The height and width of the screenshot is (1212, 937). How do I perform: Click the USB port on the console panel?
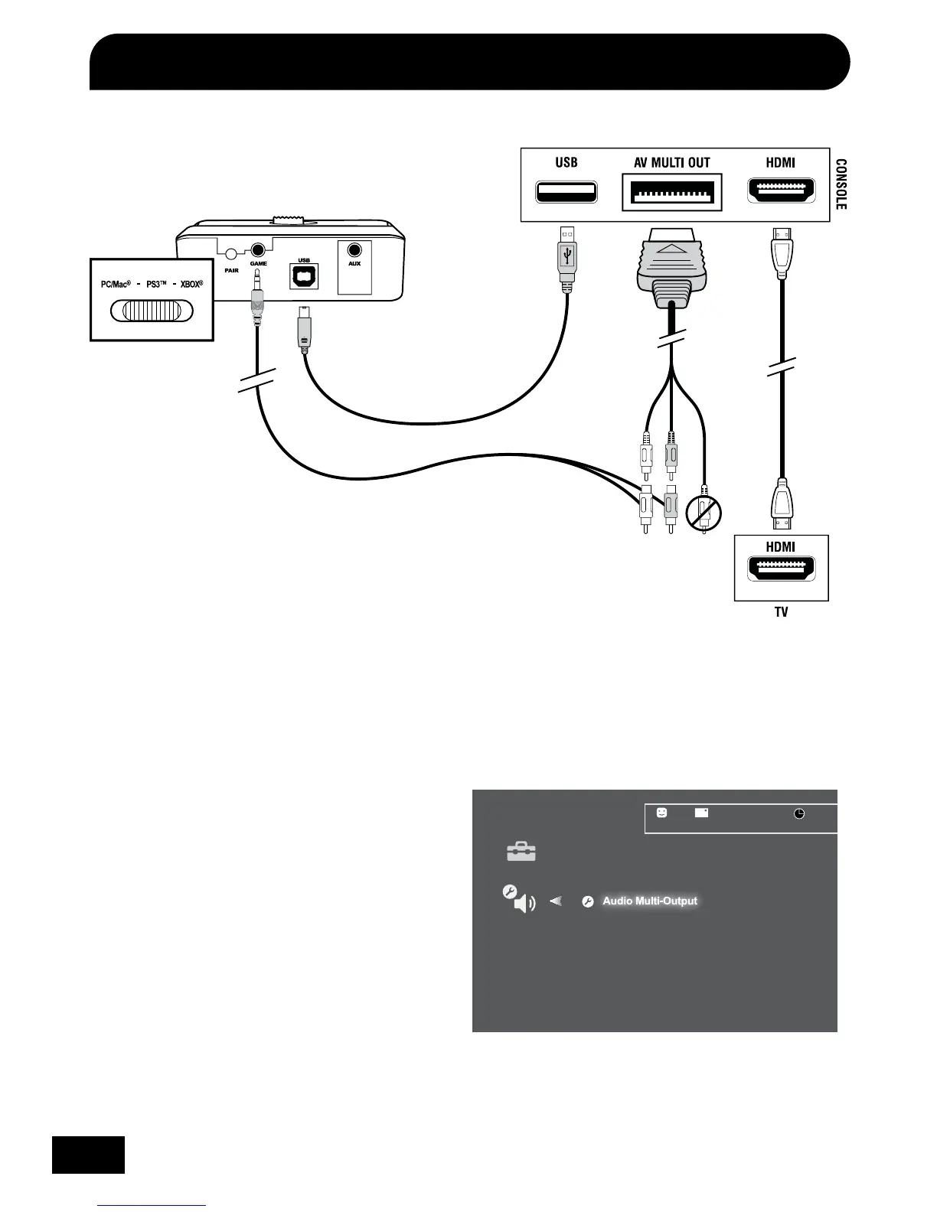[x=566, y=192]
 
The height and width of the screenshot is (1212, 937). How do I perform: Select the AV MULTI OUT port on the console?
[x=672, y=192]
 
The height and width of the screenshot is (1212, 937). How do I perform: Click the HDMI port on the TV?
[x=781, y=569]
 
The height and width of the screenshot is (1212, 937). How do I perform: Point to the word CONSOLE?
[x=841, y=184]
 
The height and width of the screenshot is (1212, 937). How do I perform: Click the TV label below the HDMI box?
[x=781, y=612]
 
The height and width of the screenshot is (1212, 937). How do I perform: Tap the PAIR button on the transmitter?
[x=228, y=252]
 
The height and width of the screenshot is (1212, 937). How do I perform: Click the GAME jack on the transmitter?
[x=258, y=250]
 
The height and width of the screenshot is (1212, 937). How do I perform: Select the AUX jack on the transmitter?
[x=354, y=250]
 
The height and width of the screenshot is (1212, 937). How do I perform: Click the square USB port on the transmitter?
[x=304, y=276]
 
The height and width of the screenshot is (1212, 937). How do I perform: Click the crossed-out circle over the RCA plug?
[x=704, y=513]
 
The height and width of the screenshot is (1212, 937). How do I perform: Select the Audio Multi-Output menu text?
[x=650, y=901]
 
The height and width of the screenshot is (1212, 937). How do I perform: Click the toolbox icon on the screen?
[x=521, y=852]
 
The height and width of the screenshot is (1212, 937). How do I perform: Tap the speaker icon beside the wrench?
[x=524, y=904]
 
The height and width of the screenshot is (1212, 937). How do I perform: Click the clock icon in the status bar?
[x=799, y=813]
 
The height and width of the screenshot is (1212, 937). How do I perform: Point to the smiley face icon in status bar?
[x=662, y=813]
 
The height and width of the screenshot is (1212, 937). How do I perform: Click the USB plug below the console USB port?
[x=566, y=259]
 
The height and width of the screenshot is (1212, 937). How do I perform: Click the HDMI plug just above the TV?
[x=780, y=503]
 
